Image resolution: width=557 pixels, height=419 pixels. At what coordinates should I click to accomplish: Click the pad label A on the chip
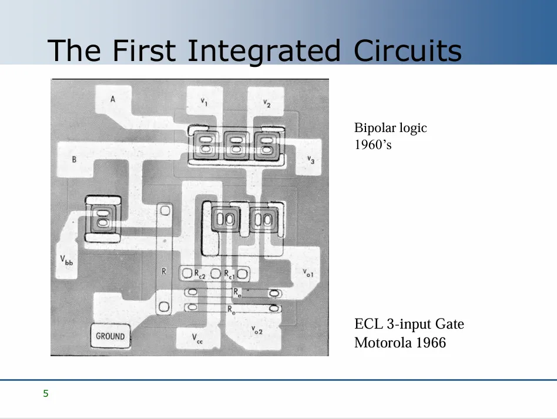tap(113, 99)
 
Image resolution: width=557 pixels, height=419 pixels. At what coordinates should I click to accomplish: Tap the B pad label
tap(74, 159)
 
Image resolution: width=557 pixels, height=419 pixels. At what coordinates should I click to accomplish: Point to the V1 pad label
tap(203, 102)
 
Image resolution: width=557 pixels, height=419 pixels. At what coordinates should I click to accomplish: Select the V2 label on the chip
tap(267, 103)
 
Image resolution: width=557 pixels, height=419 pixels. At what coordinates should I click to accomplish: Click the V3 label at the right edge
tap(311, 160)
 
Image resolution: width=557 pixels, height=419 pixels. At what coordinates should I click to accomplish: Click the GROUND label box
tap(110, 336)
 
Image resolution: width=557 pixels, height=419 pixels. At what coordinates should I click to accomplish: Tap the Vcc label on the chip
tap(197, 338)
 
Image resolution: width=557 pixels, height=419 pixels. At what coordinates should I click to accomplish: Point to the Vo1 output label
tap(308, 272)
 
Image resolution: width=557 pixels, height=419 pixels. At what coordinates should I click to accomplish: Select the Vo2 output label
tap(257, 330)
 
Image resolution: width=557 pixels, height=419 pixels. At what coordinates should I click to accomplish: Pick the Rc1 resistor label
tap(229, 273)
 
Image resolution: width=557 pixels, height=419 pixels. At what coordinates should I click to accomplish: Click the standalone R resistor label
tap(164, 271)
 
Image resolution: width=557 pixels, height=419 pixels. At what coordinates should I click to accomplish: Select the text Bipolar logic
tap(390, 128)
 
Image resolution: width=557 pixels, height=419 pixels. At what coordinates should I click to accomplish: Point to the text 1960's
tap(373, 144)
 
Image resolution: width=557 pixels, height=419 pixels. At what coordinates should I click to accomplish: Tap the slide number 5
tap(46, 394)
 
